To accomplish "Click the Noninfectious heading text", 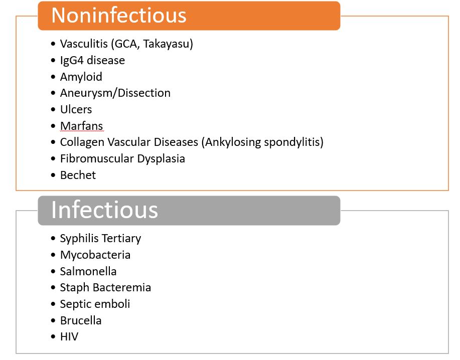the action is click(x=119, y=15).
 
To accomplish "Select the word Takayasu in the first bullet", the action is click(x=167, y=44).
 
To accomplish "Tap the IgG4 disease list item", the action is click(x=92, y=60).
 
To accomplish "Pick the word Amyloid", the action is click(x=81, y=77).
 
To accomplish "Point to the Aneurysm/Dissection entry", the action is click(x=115, y=93).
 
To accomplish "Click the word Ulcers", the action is click(x=76, y=109).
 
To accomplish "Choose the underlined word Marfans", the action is click(x=82, y=126).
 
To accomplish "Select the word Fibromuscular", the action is click(x=97, y=158).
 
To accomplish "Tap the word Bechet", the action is click(x=78, y=175).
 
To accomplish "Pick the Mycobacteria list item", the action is click(x=95, y=255).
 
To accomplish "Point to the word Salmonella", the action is click(x=88, y=271).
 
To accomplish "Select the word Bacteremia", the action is click(x=122, y=288).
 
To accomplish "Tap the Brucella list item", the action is click(x=81, y=320).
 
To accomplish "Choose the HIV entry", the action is click(x=69, y=337).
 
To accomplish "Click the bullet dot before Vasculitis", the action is click(x=53, y=44).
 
